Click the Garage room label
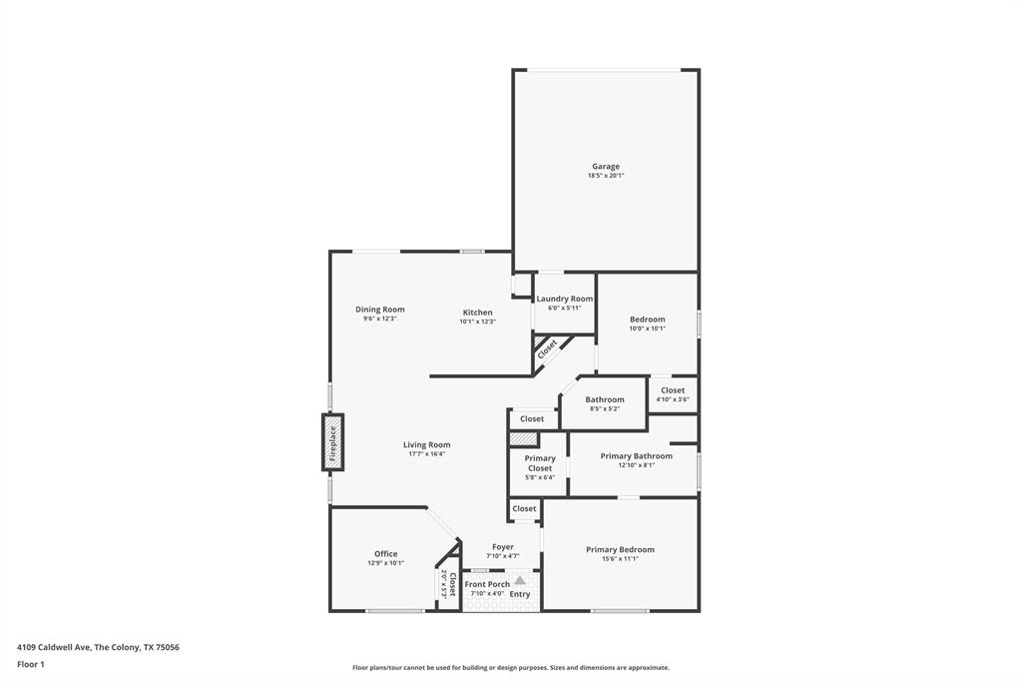[x=605, y=167]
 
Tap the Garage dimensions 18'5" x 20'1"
[x=605, y=176]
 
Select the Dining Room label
[x=379, y=310]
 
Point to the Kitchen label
[x=477, y=313]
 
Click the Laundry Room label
[x=564, y=299]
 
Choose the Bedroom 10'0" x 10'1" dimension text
[x=647, y=329]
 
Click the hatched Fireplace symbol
[x=332, y=442]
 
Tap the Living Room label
[x=426, y=444]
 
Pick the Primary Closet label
[x=540, y=463]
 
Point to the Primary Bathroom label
[x=636, y=456]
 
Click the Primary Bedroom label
[x=620, y=549]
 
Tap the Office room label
[x=385, y=554]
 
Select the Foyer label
[x=502, y=547]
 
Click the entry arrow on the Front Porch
[x=519, y=579]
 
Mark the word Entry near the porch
[x=520, y=594]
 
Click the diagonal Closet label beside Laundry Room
[x=547, y=349]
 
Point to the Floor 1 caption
[x=31, y=664]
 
